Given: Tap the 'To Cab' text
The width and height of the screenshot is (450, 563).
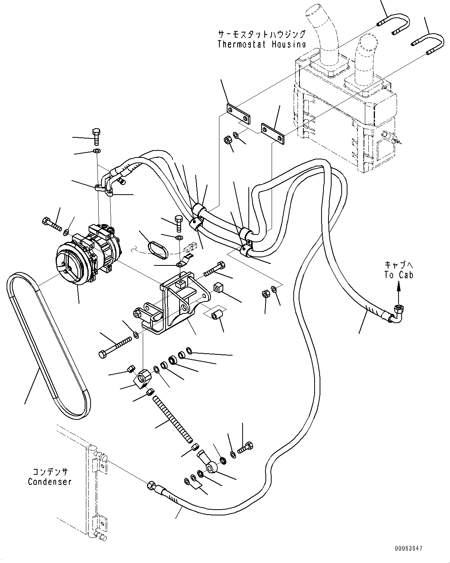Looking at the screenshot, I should click(x=399, y=275).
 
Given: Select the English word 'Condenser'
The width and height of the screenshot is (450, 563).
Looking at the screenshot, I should click(x=50, y=482).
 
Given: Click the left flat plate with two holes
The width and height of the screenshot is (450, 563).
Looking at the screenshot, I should click(x=237, y=115).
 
